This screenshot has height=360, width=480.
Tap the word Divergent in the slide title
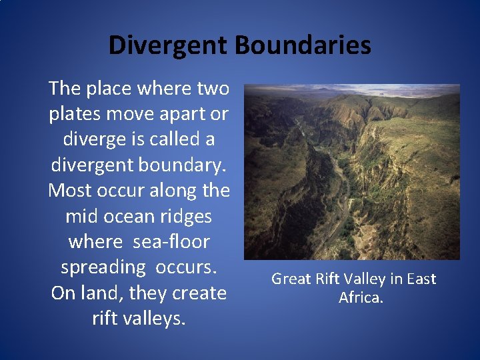168,45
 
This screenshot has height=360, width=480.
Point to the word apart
180,114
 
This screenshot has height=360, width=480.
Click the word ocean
133,216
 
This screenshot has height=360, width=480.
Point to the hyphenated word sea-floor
171,241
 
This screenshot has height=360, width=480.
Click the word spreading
103,267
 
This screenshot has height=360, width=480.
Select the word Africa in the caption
361,297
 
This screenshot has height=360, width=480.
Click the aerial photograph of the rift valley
352,172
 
